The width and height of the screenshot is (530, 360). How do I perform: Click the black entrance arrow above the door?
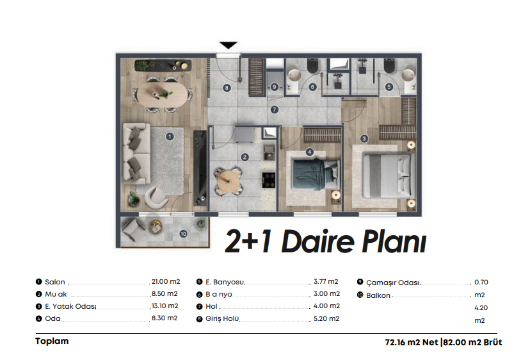pos(229,45)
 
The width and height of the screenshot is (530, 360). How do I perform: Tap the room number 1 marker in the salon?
pos(170,136)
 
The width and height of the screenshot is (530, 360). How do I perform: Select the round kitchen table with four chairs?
pos(229,181)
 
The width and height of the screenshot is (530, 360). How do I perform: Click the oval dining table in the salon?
pos(165,94)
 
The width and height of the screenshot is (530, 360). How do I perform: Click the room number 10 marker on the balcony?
pos(184,234)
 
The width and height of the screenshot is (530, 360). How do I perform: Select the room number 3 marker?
pos(364,138)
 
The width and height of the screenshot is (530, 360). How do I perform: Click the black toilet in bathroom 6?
pos(312,65)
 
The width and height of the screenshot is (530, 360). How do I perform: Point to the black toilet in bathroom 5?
pos(390,65)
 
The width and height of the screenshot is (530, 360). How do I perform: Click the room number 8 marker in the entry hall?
pos(227,88)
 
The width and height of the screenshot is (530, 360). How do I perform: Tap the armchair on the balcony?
pos(134,229)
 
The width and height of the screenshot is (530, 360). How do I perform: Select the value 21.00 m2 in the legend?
pos(166,281)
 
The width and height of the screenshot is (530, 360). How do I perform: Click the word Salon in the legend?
pos(55,282)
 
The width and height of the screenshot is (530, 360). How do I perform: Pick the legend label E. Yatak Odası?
pos(70,306)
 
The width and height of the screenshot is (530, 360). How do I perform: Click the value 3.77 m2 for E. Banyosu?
pos(326,281)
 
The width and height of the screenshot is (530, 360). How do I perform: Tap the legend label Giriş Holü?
pos(222,318)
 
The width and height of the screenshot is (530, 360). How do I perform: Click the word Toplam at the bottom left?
pos(52,341)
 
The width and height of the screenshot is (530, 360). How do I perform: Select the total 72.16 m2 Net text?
pos(412,343)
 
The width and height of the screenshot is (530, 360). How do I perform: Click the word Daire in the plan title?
pos(317,241)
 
